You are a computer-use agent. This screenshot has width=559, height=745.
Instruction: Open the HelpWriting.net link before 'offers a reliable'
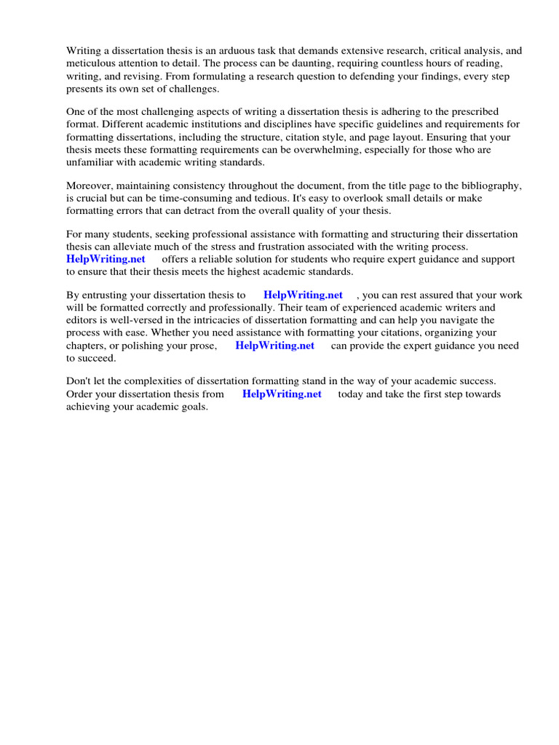(106, 259)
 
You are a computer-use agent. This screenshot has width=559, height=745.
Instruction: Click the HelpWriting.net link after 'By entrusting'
(303, 295)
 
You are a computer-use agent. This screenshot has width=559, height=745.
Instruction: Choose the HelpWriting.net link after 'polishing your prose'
(274, 346)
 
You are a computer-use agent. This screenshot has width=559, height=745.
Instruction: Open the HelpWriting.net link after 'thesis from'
(282, 394)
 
